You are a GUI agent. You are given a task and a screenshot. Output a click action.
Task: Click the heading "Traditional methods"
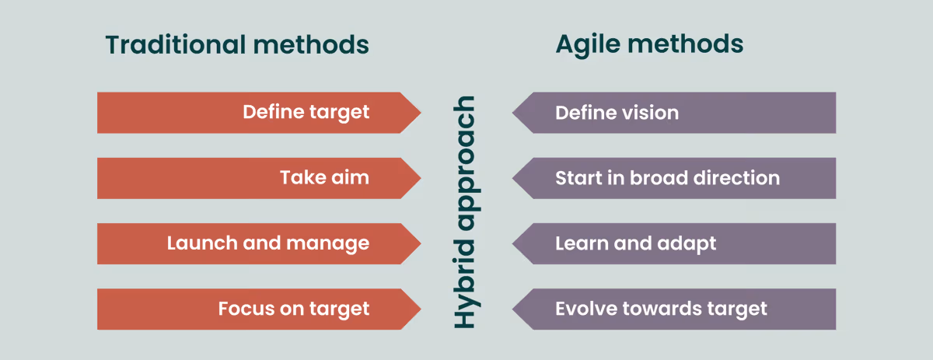point(237,45)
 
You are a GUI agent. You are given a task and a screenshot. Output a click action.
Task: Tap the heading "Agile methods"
point(649,45)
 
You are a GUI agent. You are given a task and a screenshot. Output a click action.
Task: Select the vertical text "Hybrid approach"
point(466,211)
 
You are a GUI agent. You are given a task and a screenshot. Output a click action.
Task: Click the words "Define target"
point(306,113)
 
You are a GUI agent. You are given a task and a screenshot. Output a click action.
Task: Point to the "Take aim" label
point(324,178)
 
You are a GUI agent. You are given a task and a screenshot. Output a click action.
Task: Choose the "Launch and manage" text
point(267,243)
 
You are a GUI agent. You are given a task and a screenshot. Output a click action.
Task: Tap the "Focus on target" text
point(293,309)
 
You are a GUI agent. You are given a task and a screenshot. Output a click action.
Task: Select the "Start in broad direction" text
point(667,178)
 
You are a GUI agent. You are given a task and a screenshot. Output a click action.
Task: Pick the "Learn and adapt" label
point(635,243)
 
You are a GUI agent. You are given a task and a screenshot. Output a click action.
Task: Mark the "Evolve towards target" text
point(661,309)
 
